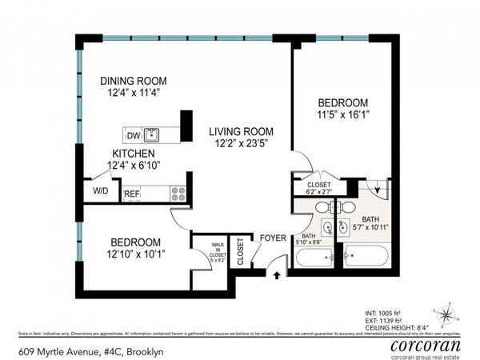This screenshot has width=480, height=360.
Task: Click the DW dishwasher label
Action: click(131, 135)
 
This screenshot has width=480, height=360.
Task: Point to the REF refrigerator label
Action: click(132, 194)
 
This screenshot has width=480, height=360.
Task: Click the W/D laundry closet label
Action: click(101, 191)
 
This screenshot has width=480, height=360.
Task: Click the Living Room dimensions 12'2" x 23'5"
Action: click(241, 145)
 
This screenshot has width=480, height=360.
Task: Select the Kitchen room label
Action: click(133, 153)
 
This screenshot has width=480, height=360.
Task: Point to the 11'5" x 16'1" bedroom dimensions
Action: click(342, 115)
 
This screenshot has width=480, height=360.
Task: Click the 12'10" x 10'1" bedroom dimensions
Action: click(124, 255)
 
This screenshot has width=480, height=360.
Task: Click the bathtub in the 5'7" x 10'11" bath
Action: click(367, 259)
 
